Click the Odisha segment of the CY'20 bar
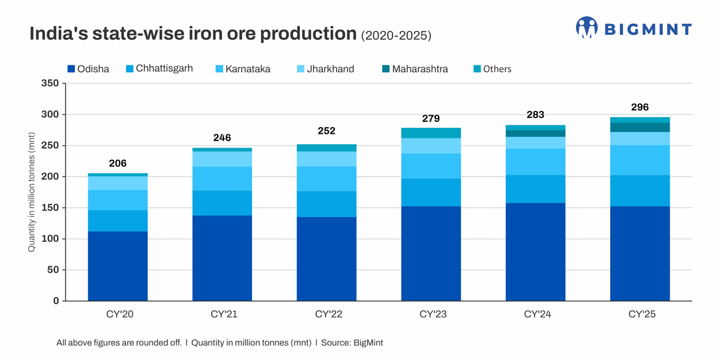pos(118,266)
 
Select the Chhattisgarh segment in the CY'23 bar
pos(431,193)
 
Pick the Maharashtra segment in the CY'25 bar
pos(640,127)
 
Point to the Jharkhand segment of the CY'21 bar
pos(222,159)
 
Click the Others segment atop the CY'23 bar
pos(431,133)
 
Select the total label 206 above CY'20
pos(118,163)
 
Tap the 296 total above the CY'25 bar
pos(640,107)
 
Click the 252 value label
pos(326,131)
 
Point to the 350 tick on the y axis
pos(50,83)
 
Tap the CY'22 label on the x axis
pos(326,314)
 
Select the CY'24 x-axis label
pos(535,314)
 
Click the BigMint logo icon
pos(587,28)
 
